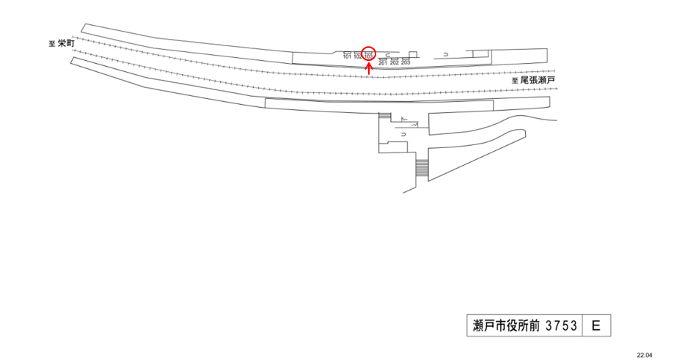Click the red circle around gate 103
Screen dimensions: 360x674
point(369,53)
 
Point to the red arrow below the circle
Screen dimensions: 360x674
point(368,68)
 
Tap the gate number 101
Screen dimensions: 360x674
point(347,57)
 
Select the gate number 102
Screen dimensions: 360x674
point(358,57)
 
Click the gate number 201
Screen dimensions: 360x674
point(382,63)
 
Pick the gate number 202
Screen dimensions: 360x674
point(394,63)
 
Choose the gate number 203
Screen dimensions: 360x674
point(405,63)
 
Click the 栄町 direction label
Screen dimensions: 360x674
point(65,44)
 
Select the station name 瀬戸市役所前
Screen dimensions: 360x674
point(505,326)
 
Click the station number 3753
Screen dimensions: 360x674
point(563,326)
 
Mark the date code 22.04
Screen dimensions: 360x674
point(644,355)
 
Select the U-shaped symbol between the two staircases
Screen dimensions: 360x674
point(403,135)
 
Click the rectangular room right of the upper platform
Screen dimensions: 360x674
point(480,54)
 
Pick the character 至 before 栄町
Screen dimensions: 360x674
point(52,45)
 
